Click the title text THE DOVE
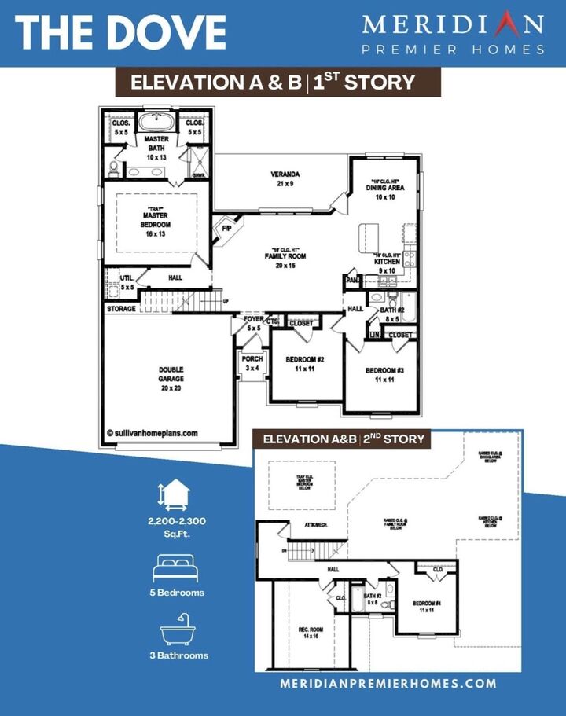pyautogui.click(x=120, y=31)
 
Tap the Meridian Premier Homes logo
pyautogui.click(x=454, y=34)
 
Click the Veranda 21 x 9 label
pyautogui.click(x=285, y=179)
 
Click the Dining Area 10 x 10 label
pyautogui.click(x=384, y=192)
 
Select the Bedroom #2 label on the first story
pyautogui.click(x=301, y=363)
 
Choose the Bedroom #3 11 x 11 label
pyautogui.click(x=384, y=374)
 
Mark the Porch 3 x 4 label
pyautogui.click(x=252, y=363)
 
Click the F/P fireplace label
pyautogui.click(x=227, y=229)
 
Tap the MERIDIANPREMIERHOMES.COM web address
pyautogui.click(x=388, y=684)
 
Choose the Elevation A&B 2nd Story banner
pyautogui.click(x=344, y=439)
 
